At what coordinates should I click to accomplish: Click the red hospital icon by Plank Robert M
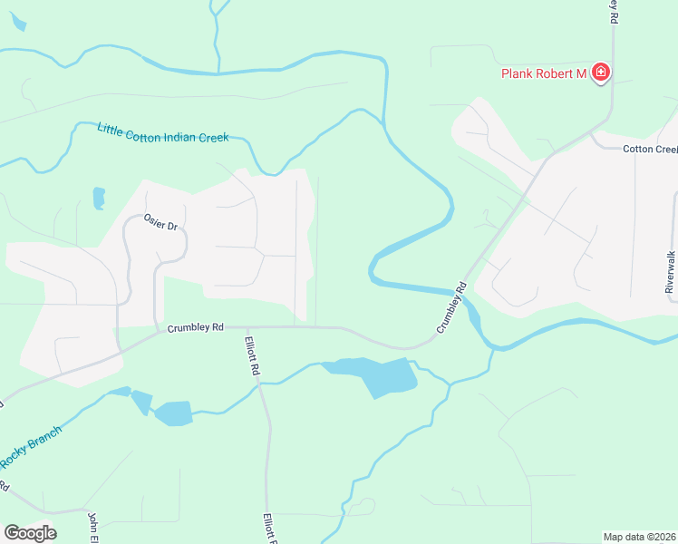click(x=599, y=73)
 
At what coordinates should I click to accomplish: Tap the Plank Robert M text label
click(x=544, y=73)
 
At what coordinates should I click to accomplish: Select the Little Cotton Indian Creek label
click(x=161, y=132)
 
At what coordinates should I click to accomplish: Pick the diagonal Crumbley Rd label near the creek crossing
click(x=451, y=309)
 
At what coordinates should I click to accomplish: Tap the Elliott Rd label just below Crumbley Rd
click(x=253, y=357)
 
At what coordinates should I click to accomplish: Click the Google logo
click(x=30, y=532)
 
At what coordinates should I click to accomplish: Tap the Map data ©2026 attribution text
click(x=638, y=536)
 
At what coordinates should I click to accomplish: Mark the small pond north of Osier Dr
click(x=99, y=198)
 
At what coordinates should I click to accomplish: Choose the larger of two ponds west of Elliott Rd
click(x=173, y=413)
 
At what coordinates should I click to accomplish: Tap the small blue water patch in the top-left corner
click(x=16, y=24)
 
